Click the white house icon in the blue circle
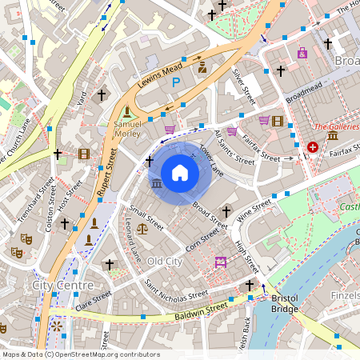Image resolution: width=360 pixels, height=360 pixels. pyautogui.click(x=180, y=173)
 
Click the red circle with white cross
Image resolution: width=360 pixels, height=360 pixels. pyautogui.click(x=312, y=147)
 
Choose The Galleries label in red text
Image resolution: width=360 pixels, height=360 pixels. pyautogui.click(x=335, y=126)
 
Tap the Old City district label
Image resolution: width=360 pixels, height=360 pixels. pyautogui.click(x=166, y=262)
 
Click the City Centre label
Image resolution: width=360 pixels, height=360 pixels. pyautogui.click(x=62, y=285)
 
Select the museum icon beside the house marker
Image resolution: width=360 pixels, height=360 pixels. pyautogui.click(x=155, y=184)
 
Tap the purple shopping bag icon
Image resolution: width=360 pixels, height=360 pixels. pyautogui.click(x=302, y=53)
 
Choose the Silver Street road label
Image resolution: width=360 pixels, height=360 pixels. pyautogui.click(x=242, y=86)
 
